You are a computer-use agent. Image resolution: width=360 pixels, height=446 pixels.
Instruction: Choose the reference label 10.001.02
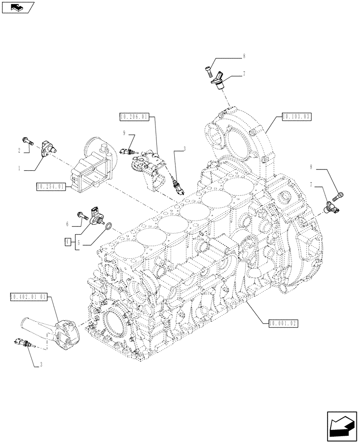click(282, 323)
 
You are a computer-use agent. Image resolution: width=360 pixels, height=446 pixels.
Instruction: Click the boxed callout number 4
click(67, 242)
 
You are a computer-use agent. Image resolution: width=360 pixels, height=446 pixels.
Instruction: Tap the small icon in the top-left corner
click(18, 7)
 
